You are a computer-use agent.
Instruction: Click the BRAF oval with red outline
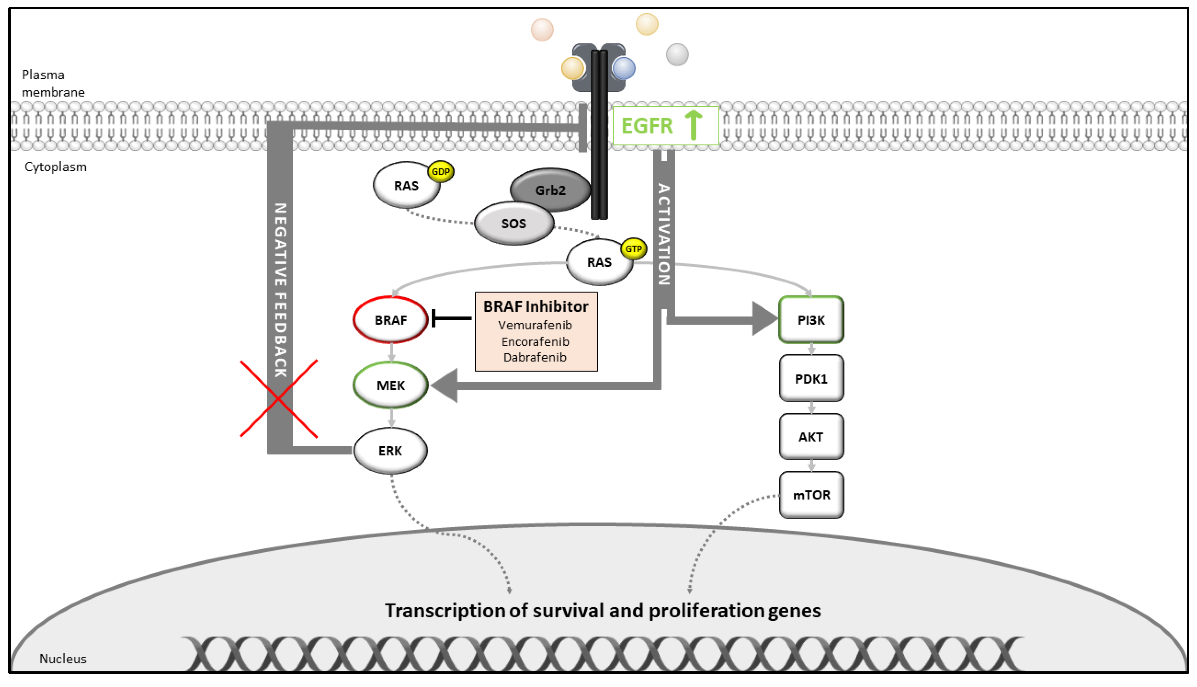[390, 320]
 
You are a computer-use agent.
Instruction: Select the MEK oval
[390, 385]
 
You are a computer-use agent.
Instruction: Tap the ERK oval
[390, 451]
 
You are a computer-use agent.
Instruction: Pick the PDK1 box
[811, 378]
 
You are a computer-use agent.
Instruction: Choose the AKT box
[811, 437]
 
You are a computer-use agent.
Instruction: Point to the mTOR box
[811, 495]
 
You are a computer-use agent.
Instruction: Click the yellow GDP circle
[441, 171]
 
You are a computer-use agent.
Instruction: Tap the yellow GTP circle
[633, 249]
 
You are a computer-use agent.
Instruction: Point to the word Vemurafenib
[535, 325]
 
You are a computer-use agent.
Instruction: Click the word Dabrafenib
[535, 357]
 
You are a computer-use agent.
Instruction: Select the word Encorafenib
[535, 341]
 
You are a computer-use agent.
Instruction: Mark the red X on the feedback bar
[279, 399]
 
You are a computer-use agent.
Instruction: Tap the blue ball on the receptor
[624, 68]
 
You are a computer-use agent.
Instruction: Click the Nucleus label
[63, 659]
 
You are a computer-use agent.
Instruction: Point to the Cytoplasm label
[56, 166]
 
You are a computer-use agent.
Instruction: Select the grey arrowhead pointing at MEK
[444, 385]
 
